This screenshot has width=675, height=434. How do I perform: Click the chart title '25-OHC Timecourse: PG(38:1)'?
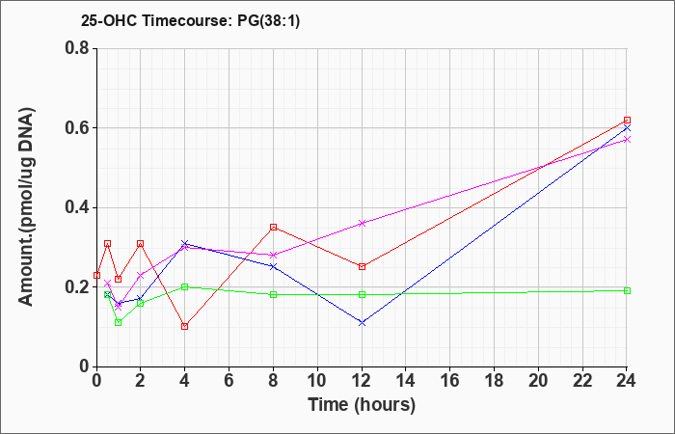190,20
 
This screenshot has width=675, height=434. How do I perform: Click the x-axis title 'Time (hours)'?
362,405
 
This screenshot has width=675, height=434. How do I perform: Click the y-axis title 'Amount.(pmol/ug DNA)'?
27,207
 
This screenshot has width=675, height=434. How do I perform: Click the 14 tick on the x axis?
406,381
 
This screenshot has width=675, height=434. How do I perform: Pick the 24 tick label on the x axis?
627,381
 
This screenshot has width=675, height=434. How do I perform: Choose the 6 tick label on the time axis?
229,381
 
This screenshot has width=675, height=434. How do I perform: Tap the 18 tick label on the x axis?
494,381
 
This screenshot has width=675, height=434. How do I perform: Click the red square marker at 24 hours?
627,121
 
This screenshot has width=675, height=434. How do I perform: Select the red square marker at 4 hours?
185,326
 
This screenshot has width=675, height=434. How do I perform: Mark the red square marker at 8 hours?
273,227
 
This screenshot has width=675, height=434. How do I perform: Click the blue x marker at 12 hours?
362,322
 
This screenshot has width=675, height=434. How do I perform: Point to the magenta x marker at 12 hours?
362,223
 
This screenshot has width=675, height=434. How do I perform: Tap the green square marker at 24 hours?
627,290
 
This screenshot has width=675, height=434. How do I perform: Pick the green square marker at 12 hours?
362,294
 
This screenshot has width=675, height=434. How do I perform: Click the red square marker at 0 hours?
96,275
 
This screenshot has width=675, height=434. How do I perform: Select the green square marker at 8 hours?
273,294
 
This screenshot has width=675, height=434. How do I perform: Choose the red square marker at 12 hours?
362,266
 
